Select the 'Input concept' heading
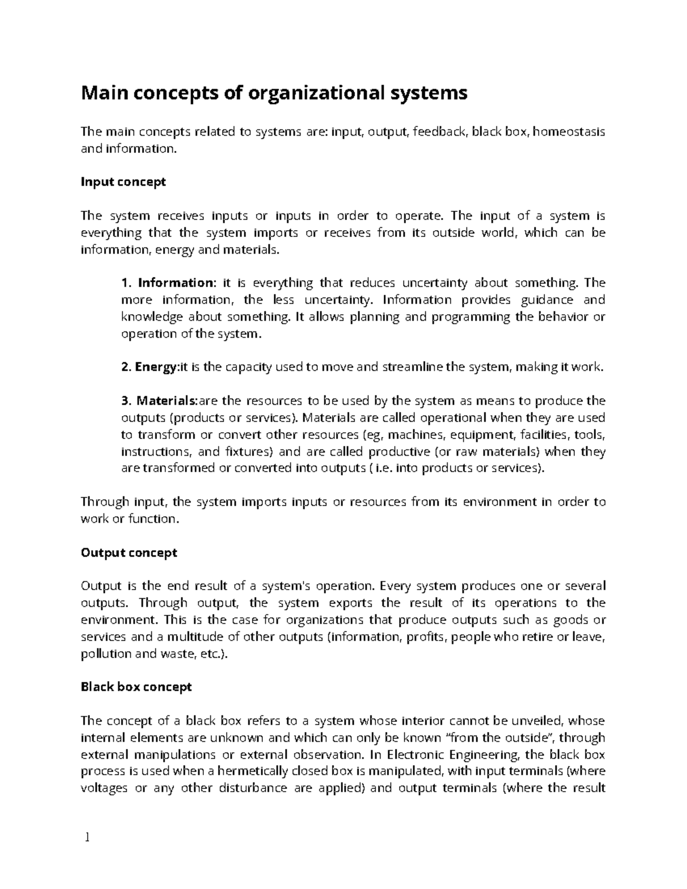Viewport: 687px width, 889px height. (x=123, y=182)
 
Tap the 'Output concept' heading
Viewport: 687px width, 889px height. (x=129, y=553)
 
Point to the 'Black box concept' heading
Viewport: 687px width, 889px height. (x=136, y=687)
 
